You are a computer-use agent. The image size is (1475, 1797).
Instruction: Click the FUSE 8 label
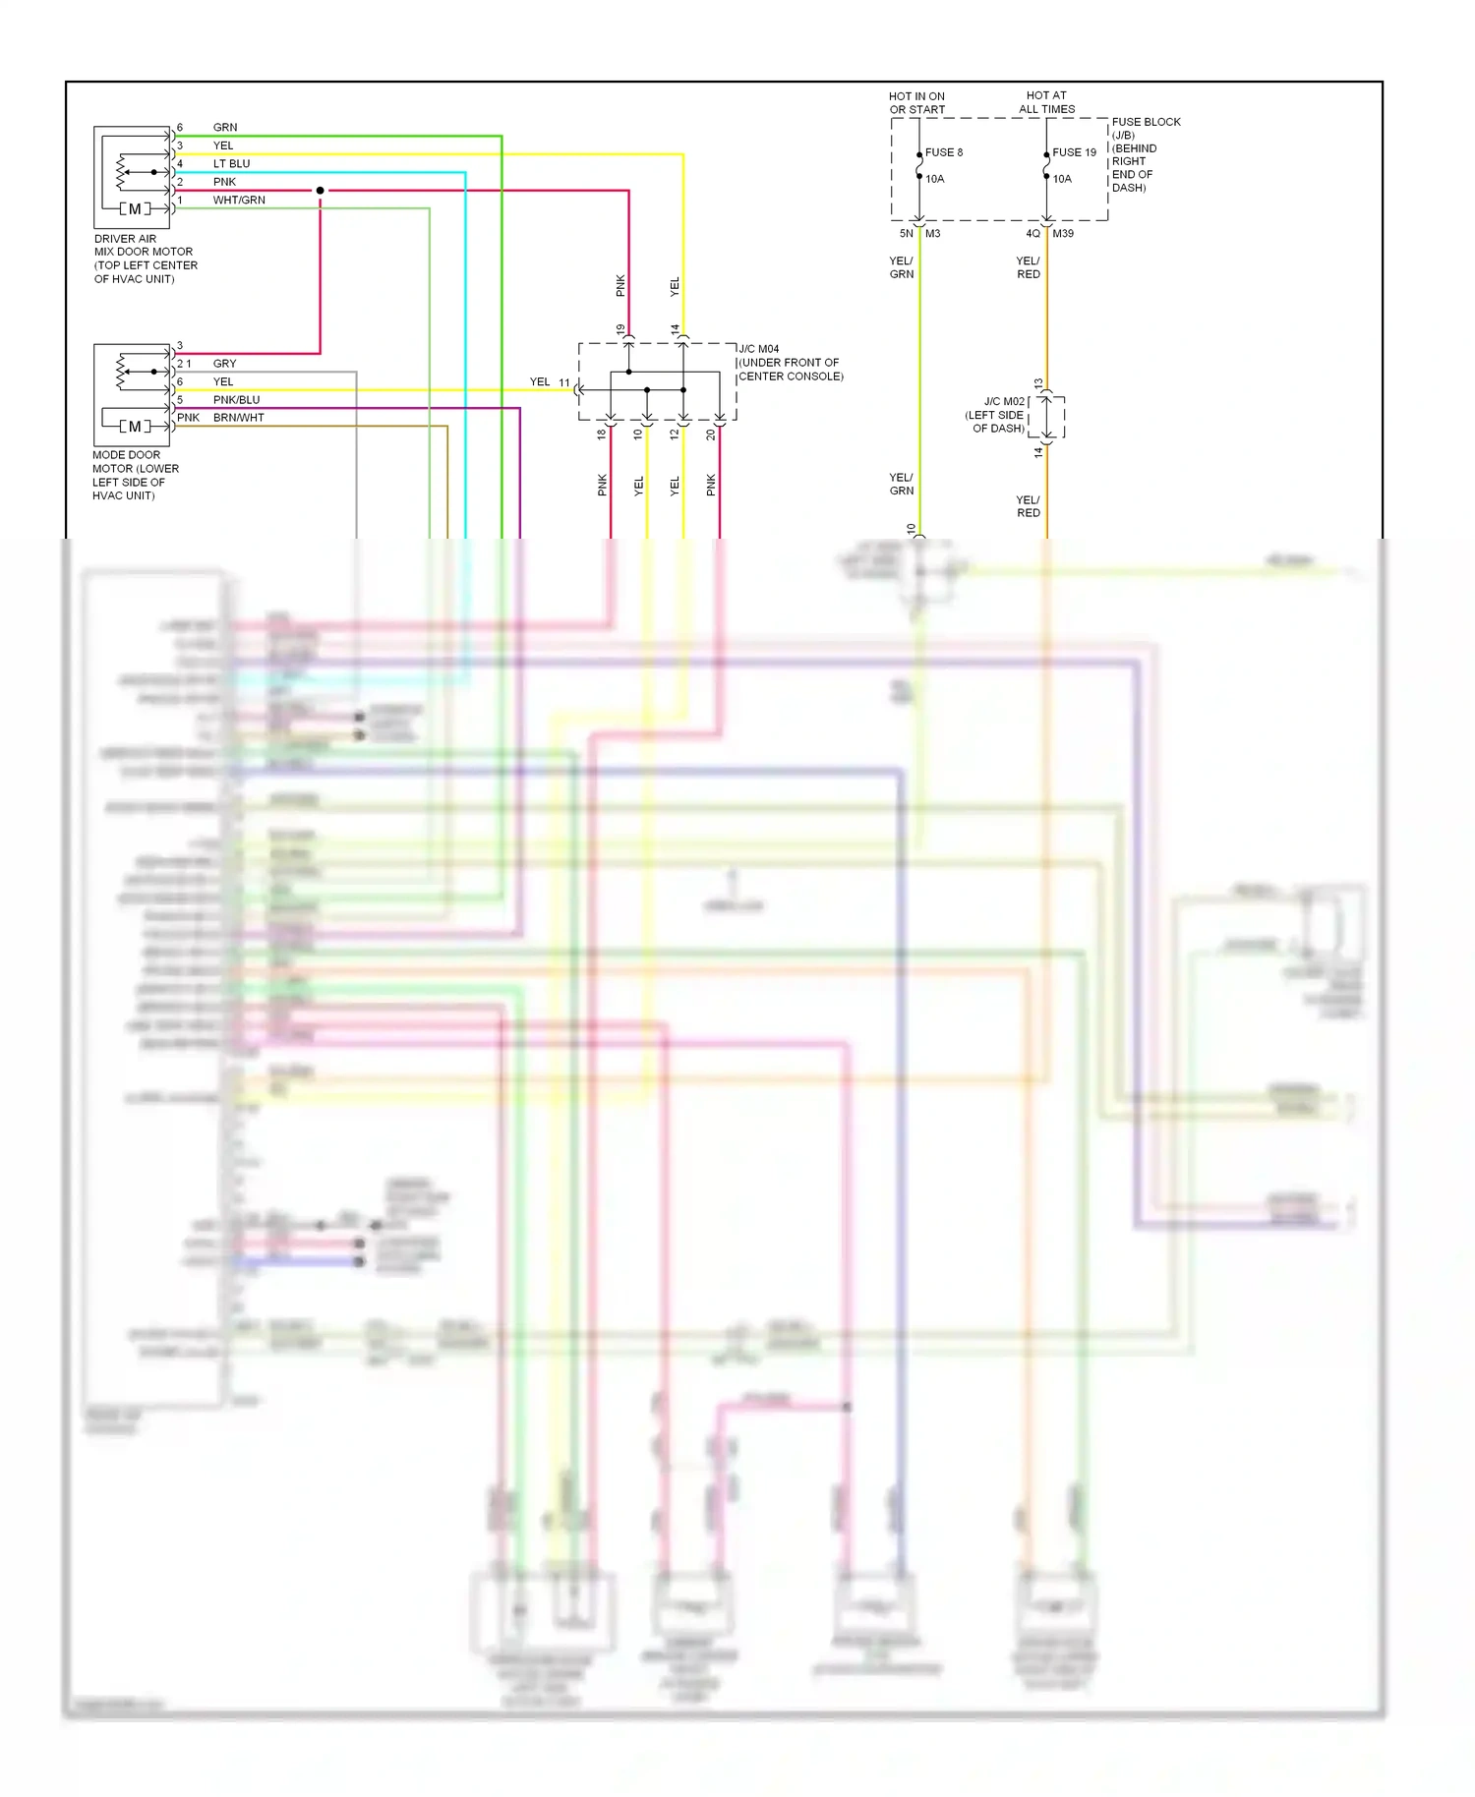[943, 152]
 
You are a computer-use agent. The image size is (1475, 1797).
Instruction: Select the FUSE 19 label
[1074, 152]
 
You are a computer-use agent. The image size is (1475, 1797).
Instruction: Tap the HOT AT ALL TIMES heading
[1046, 102]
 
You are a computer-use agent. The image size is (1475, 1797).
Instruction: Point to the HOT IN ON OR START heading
[916, 103]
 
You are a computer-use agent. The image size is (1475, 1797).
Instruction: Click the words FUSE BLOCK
[1146, 122]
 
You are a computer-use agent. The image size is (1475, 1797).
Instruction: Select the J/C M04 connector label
[759, 349]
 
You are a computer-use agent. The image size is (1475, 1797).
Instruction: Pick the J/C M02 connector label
[1004, 401]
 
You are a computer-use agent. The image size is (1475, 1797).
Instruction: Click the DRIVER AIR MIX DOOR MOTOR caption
[145, 259]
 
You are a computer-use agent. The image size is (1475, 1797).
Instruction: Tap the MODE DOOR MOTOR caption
[135, 475]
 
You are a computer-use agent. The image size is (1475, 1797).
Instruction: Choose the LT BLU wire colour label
[231, 163]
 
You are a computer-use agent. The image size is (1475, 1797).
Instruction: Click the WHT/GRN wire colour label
[239, 200]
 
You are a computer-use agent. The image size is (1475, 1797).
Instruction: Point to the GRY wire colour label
[224, 364]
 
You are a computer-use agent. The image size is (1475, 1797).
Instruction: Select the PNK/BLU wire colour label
[236, 400]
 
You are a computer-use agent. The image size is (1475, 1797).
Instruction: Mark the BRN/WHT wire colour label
[238, 418]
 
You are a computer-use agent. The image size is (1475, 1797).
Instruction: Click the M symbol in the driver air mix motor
[135, 208]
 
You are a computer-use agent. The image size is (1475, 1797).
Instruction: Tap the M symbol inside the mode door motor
[135, 427]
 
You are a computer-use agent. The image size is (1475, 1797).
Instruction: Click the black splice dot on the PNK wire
[320, 190]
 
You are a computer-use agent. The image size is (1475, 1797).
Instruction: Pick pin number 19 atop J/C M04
[620, 330]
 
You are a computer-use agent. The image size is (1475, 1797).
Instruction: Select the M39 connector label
[1063, 234]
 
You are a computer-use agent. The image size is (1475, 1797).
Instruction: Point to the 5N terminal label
[906, 234]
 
